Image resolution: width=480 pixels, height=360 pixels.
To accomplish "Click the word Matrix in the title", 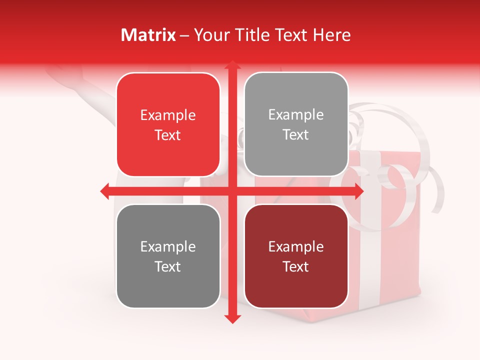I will (x=148, y=35).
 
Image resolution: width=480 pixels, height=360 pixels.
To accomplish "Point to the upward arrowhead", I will (x=232, y=66).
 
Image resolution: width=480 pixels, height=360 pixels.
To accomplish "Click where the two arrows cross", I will (x=232, y=191).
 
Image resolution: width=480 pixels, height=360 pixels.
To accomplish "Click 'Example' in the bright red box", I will (x=168, y=115).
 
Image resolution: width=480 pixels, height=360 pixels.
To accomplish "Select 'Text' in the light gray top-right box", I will (x=296, y=135).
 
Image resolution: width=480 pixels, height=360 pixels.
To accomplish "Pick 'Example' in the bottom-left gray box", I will (x=168, y=247).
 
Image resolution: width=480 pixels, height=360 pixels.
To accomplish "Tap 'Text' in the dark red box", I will (x=296, y=267).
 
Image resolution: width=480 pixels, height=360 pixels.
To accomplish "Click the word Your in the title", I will (x=210, y=35).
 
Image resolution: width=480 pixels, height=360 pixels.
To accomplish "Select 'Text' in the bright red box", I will (x=168, y=135).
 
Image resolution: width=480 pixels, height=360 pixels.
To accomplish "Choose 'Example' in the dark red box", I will (x=296, y=247).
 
